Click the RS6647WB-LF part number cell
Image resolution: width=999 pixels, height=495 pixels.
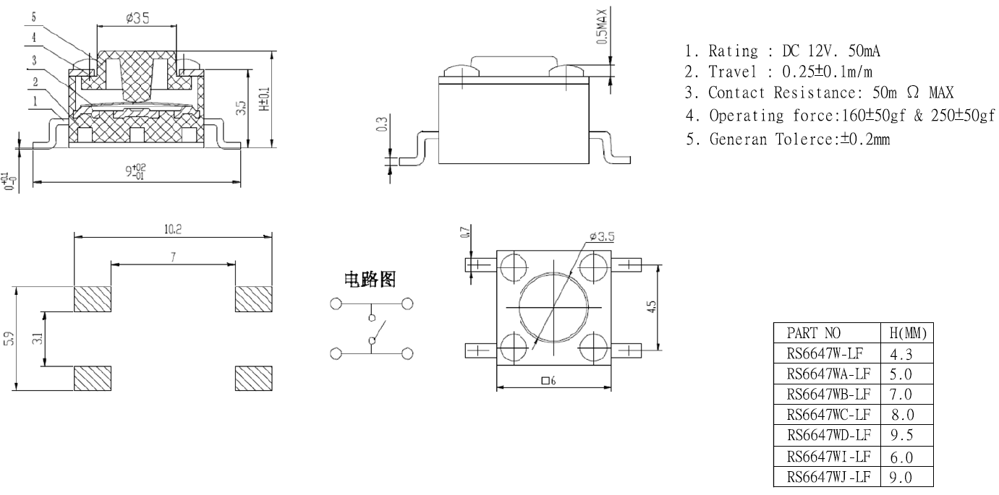pos(828,395)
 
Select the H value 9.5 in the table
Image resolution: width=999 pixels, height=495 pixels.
pos(901,435)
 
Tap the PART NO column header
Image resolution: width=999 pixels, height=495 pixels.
pos(814,333)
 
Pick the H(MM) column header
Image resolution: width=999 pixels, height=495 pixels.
pos(908,333)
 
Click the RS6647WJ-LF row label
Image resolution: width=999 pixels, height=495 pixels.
pos(828,477)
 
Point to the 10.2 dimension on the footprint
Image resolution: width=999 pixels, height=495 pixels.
pos(173,229)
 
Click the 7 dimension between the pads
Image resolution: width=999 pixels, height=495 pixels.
pos(173,257)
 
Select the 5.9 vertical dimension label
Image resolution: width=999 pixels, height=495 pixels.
pos(9,338)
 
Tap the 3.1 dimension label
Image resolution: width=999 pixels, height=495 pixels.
pos(38,339)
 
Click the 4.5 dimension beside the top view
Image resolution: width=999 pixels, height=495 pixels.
pos(651,307)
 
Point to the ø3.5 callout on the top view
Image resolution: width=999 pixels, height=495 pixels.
pos(602,236)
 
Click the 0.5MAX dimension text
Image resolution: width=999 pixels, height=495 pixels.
pos(602,26)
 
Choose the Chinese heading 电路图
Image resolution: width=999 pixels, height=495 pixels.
pos(370,280)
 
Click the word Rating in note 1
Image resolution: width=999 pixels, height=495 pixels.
pos(734,51)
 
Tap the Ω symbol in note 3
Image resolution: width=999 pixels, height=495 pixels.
pos(913,92)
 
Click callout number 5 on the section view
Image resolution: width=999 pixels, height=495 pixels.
pos(34,17)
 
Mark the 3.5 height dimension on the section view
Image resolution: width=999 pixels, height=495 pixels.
pos(241,108)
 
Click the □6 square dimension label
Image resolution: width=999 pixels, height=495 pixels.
pos(548,381)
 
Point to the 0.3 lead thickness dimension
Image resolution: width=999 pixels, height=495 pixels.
pos(382,124)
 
